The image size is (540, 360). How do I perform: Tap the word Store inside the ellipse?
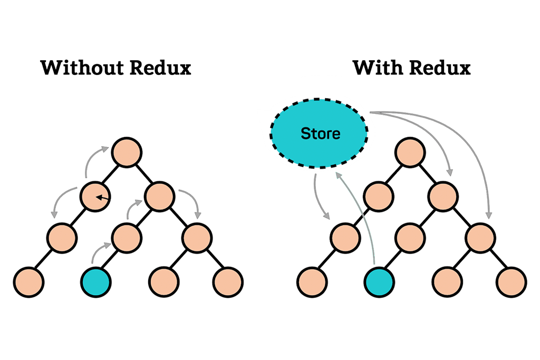point(321,133)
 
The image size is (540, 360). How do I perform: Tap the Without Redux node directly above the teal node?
point(127,238)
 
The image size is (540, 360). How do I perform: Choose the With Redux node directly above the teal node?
point(410,238)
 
